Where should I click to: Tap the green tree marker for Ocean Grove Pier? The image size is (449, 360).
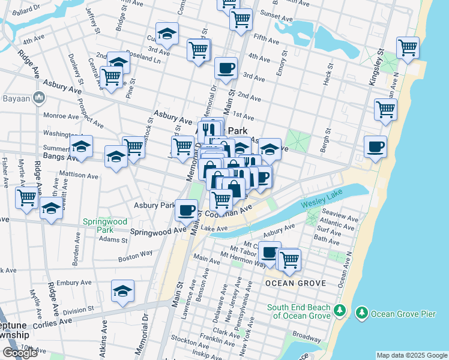(x=362, y=313)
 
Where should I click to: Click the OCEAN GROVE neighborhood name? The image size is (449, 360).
(x=296, y=283)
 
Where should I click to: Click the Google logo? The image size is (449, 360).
(x=20, y=353)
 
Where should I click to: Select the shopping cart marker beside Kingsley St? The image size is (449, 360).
(x=408, y=47)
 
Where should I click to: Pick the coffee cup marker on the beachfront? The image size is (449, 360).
(x=375, y=147)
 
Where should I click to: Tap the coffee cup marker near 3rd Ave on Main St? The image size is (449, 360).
(x=226, y=68)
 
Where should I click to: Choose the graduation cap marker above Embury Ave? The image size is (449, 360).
(x=123, y=292)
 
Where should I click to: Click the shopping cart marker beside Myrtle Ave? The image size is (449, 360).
(x=27, y=197)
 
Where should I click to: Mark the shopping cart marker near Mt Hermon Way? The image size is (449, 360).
(x=289, y=259)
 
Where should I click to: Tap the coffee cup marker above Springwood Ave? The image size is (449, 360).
(x=185, y=210)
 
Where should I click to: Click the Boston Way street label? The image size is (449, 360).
(x=131, y=259)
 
